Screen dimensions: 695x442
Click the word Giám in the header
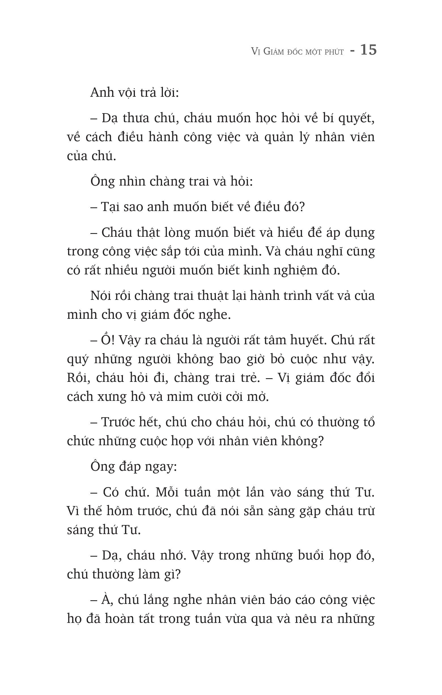pos(274,51)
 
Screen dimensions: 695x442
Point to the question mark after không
pos(320,441)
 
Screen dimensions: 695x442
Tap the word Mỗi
pos(167,492)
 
